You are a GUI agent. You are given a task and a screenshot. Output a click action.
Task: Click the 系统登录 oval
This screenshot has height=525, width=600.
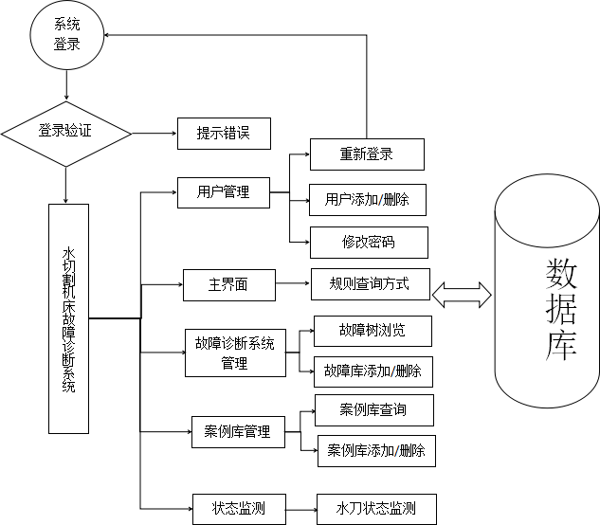coord(66,36)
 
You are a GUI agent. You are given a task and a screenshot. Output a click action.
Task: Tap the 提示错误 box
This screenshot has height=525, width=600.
coord(224,134)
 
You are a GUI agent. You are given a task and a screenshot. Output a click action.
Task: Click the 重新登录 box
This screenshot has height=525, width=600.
coord(367,154)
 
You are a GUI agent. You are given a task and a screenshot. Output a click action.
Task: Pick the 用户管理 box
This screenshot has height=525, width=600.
coord(224,192)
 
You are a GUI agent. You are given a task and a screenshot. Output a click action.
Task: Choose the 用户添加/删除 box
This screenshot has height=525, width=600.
coord(367,200)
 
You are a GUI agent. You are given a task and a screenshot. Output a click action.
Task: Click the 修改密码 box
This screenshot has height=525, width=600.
coord(369,243)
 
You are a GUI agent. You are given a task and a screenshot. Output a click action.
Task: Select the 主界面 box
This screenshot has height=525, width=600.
coord(228,284)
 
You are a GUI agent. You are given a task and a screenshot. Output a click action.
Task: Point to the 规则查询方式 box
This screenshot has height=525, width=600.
coord(371,283)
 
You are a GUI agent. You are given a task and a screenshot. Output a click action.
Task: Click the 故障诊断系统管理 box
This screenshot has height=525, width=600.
coord(234,353)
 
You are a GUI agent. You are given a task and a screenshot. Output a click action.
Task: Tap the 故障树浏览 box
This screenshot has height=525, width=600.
coord(373,331)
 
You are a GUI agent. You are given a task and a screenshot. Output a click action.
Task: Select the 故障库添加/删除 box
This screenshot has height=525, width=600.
coord(373,371)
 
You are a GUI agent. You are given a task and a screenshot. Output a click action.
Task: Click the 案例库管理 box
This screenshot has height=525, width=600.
coord(237,432)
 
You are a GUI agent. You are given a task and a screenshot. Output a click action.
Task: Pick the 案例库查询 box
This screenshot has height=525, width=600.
coord(373,410)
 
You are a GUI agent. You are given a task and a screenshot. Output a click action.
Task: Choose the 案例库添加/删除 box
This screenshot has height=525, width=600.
coord(376,450)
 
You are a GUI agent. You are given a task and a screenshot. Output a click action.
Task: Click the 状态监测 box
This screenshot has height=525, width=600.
coord(238,508)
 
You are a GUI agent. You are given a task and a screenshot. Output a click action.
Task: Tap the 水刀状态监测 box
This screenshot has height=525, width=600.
coord(376,508)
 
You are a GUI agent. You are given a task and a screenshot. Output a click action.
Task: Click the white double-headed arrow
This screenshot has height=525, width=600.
coord(462,295)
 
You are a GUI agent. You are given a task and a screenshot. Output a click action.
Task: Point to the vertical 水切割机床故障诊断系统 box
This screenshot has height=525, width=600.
coord(68,319)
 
